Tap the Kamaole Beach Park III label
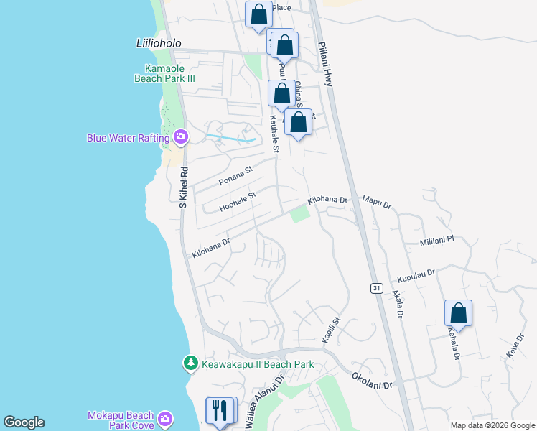pyautogui.click(x=166, y=73)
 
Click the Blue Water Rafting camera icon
pyautogui.click(x=180, y=137)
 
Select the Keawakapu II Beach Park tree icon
pyautogui.click(x=190, y=364)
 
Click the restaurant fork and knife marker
pyautogui.click(x=220, y=411)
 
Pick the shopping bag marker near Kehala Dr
pyautogui.click(x=458, y=314)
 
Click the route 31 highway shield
pyautogui.click(x=377, y=288)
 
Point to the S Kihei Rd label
pyautogui.click(x=184, y=188)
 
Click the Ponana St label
pyautogui.click(x=237, y=175)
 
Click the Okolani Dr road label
pyautogui.click(x=373, y=381)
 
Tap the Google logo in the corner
pyautogui.click(x=24, y=422)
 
